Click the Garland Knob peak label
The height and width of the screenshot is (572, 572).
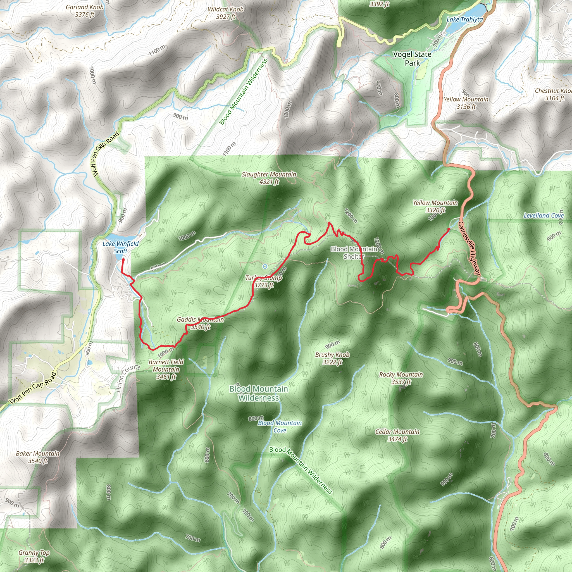coord(85,11)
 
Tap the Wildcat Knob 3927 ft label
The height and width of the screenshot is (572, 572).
coord(226,13)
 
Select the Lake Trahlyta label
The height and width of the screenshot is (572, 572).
coord(464,20)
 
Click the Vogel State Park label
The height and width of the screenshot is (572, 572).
coord(412,59)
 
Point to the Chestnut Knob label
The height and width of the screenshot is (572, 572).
coord(553,94)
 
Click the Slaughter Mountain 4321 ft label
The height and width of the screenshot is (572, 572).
coord(269,178)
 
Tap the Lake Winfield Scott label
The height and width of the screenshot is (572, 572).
coord(120,247)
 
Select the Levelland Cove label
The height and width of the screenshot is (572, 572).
coord(544,216)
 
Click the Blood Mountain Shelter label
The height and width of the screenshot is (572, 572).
coord(354,252)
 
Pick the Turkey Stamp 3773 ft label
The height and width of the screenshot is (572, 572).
coord(263,281)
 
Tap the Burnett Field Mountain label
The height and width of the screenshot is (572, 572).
coord(166,369)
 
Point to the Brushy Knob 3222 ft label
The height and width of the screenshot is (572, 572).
coord(332,358)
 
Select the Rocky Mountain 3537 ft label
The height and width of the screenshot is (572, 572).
coord(401,378)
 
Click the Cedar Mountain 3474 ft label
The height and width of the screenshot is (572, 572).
coord(397,435)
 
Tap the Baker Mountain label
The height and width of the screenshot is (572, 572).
coord(38,457)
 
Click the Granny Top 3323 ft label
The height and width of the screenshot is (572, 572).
coord(34,556)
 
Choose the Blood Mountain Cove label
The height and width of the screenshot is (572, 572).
coord(280,426)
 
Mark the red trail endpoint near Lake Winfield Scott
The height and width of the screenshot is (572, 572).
coord(123,260)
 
